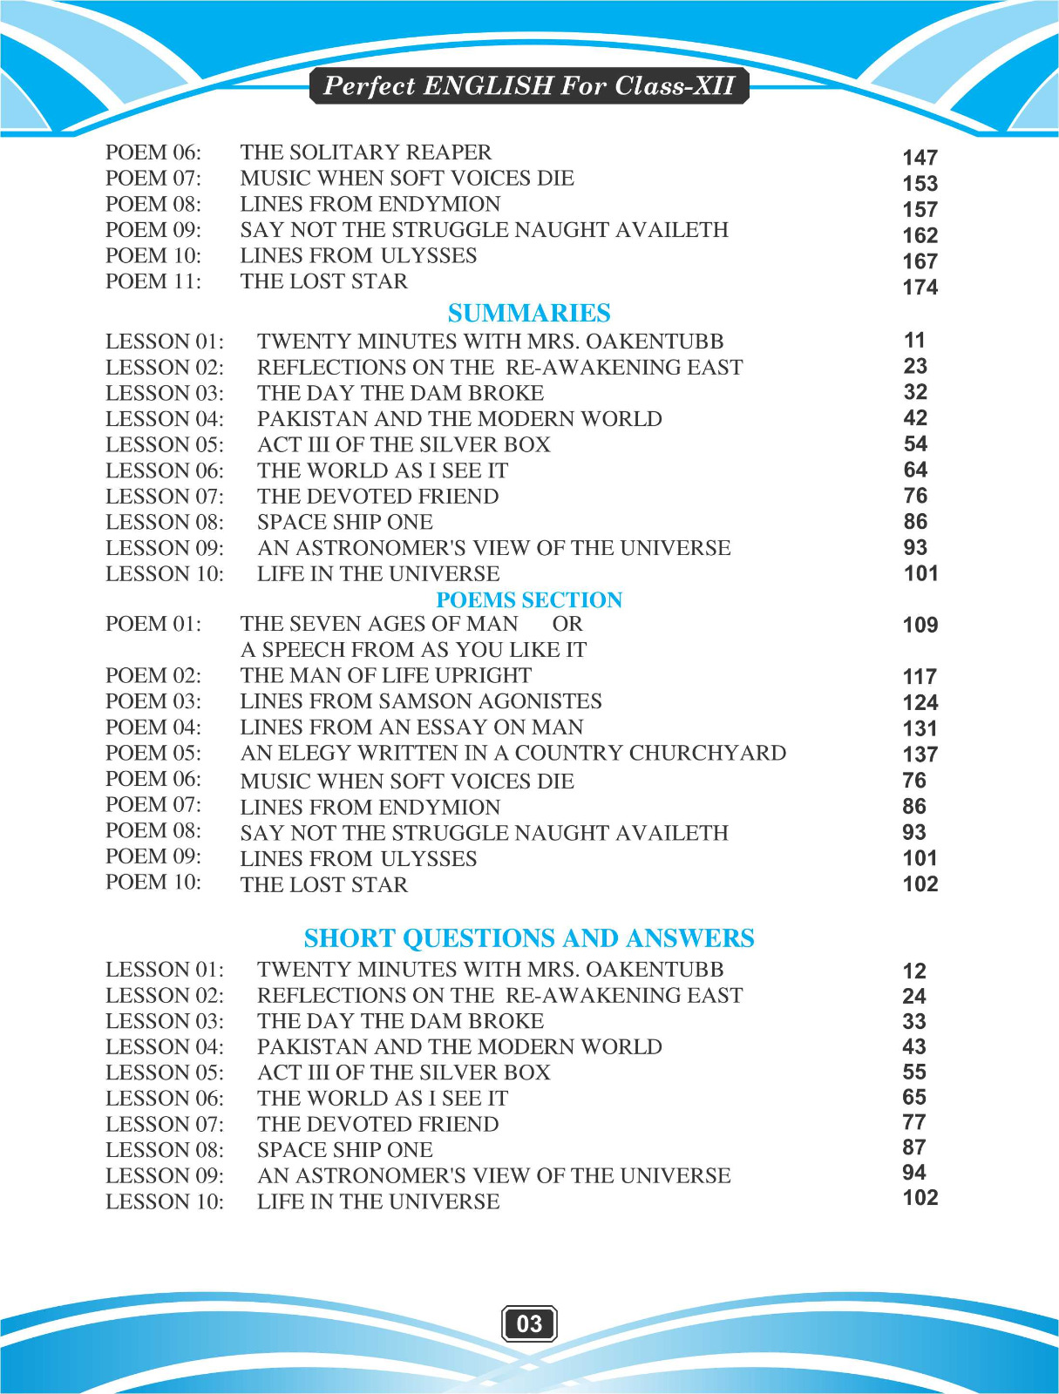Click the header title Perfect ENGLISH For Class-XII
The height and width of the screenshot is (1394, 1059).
529,85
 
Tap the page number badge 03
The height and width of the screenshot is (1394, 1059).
529,1323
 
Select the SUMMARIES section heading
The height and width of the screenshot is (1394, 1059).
529,313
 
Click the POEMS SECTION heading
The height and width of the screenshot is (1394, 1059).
529,599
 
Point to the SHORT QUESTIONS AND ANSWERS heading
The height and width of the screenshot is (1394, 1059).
529,937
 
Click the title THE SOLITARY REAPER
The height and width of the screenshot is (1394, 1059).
366,152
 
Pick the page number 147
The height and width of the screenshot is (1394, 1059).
920,158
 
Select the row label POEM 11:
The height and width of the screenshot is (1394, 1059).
153,281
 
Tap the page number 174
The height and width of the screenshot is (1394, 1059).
920,288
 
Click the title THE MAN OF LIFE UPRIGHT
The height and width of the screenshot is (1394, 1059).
386,675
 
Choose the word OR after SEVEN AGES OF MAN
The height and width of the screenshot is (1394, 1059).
567,624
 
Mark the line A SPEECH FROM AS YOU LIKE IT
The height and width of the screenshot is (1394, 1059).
413,650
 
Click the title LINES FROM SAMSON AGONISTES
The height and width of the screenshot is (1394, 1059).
421,701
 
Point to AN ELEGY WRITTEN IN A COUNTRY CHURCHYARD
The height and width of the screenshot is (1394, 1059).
513,753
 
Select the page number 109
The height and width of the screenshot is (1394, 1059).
920,625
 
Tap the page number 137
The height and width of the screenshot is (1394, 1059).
920,755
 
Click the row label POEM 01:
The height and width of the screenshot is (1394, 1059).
153,624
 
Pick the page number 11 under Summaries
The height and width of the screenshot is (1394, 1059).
914,340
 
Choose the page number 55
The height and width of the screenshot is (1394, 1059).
914,1072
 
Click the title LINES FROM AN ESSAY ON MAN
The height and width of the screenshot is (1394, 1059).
412,727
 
